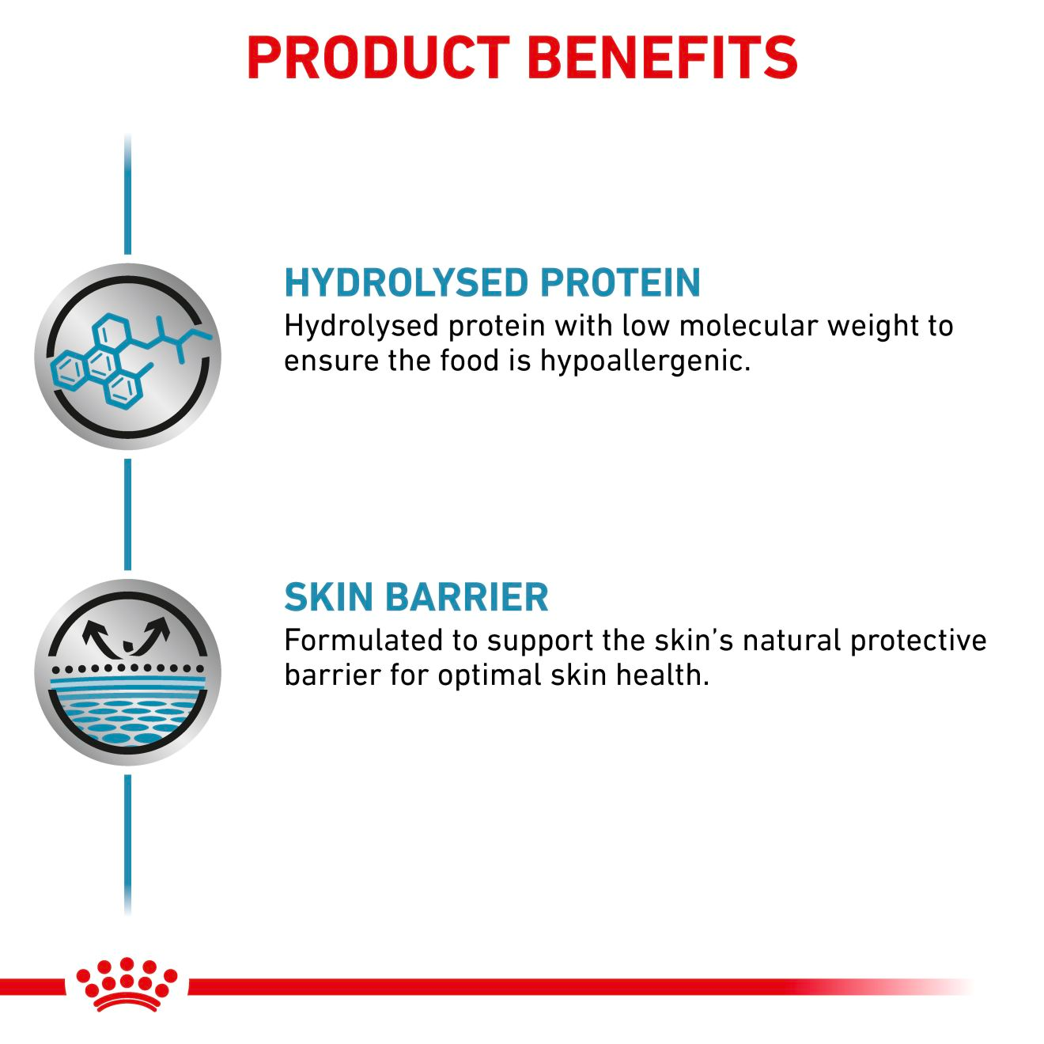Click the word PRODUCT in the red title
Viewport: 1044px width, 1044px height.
click(378, 57)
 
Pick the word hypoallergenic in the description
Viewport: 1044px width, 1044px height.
click(645, 361)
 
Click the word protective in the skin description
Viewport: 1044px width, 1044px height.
click(918, 640)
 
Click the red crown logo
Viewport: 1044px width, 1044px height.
click(127, 984)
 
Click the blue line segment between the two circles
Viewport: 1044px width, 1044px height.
click(127, 514)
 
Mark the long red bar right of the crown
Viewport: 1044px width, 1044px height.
click(554, 986)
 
